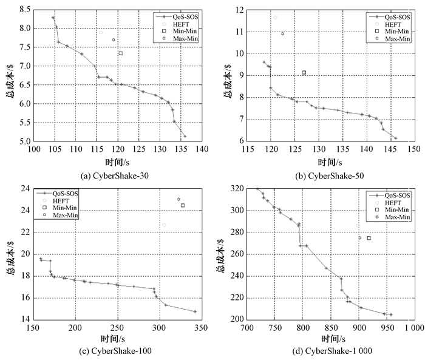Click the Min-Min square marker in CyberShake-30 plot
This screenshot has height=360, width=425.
pyautogui.click(x=120, y=53)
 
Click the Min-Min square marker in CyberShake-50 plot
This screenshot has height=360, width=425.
pyautogui.click(x=304, y=73)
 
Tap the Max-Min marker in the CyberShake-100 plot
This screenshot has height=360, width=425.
pyautogui.click(x=178, y=199)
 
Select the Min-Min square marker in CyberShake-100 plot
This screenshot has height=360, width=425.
pyautogui.click(x=183, y=205)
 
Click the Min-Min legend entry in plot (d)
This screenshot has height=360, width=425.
pyautogui.click(x=398, y=209)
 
